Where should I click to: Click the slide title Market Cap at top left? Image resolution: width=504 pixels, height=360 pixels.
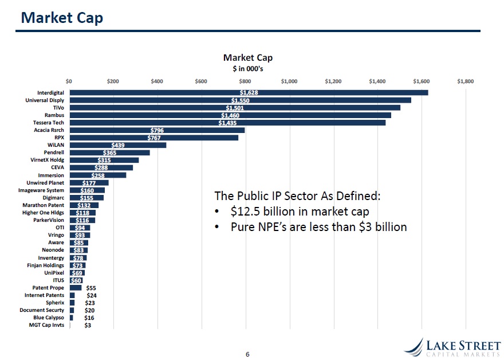click(x=62, y=18)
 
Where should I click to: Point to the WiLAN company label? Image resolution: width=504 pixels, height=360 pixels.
click(x=56, y=145)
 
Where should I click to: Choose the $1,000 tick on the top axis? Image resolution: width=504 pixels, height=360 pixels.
click(x=289, y=81)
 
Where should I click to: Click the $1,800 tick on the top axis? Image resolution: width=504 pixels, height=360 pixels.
click(x=465, y=81)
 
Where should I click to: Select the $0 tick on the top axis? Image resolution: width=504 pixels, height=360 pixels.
click(x=69, y=81)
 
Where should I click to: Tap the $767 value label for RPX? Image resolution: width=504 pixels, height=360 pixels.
click(x=154, y=138)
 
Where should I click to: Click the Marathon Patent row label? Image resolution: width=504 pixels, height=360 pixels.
click(x=44, y=205)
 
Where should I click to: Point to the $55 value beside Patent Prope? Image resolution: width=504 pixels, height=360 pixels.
click(x=90, y=288)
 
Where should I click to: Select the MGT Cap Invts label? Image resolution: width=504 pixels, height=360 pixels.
click(x=46, y=325)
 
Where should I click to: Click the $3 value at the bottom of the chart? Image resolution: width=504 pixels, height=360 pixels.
click(x=88, y=325)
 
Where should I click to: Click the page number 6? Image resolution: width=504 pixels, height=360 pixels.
click(x=247, y=354)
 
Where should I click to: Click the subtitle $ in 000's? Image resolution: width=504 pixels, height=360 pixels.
click(x=247, y=68)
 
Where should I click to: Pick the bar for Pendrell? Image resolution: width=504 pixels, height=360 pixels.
click(x=109, y=152)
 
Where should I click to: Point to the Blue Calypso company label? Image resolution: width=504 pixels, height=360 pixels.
click(x=49, y=318)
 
